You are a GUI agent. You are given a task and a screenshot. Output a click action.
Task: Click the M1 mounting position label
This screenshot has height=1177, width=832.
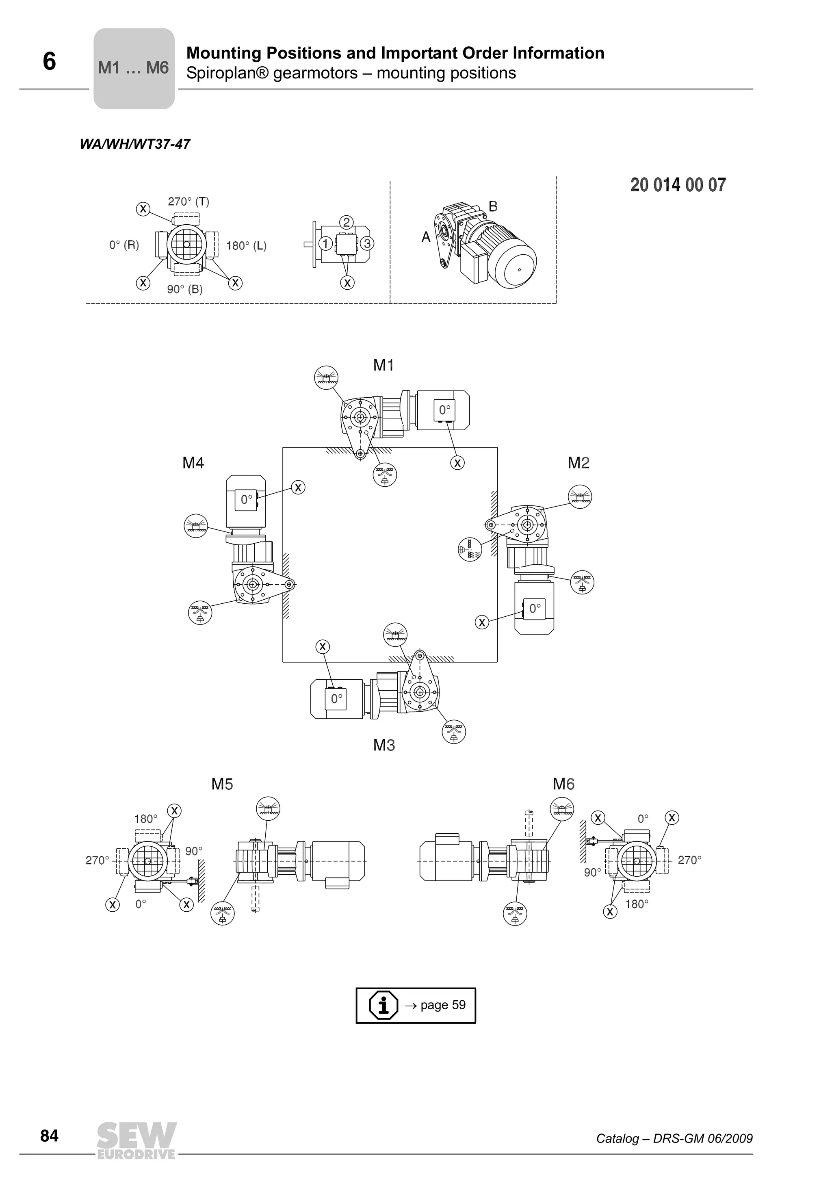(x=383, y=365)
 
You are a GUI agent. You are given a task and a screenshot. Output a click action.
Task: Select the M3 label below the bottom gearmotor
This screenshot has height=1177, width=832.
(x=384, y=745)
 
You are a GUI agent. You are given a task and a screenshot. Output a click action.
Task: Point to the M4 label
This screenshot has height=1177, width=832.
(x=193, y=463)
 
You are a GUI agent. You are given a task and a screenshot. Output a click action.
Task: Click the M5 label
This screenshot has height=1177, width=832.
(x=222, y=784)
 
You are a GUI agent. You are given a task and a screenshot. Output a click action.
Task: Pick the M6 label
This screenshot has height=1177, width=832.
(x=563, y=784)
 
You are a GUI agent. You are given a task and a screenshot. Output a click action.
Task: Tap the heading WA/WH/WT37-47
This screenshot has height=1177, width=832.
(x=135, y=144)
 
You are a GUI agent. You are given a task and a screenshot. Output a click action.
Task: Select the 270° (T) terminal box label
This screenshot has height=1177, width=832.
(x=188, y=202)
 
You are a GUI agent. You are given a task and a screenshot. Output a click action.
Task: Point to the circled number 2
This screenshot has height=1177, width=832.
(x=347, y=222)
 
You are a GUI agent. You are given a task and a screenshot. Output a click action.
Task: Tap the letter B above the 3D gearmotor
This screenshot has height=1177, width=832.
(x=493, y=206)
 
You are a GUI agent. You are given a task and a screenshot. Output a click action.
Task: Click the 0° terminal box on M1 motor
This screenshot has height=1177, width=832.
(x=444, y=410)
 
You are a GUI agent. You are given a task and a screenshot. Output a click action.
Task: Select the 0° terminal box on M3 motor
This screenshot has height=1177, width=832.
(x=336, y=698)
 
